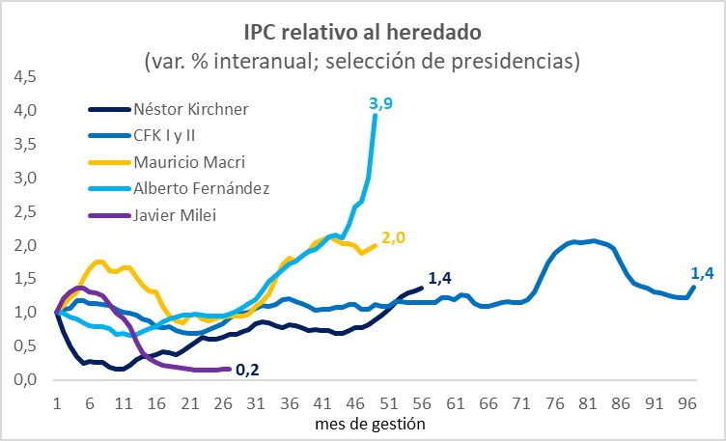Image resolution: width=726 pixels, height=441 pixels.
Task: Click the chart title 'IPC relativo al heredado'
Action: point(362,33)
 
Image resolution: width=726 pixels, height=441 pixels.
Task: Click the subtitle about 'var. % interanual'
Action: point(362,62)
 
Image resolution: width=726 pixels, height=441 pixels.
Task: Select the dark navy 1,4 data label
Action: point(440,279)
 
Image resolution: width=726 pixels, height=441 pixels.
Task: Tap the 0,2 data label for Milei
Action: point(248,368)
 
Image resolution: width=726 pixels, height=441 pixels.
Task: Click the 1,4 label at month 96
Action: point(703,274)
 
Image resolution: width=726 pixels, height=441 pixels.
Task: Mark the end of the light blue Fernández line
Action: point(376,115)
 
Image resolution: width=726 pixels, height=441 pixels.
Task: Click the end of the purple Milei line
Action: point(229,369)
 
